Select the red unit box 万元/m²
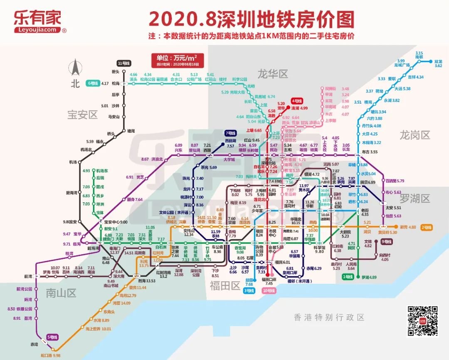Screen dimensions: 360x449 (174, 60)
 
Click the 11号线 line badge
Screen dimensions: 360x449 (124, 63)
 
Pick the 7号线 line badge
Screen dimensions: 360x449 (230, 133)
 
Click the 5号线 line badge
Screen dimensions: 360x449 (52, 337)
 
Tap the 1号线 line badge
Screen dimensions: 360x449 (347, 277)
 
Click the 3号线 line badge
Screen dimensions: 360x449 (249, 291)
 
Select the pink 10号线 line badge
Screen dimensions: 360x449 (269, 291)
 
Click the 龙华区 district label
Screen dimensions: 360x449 (272, 74)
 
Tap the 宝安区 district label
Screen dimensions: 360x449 (82, 114)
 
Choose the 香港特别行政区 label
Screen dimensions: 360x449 (328, 317)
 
